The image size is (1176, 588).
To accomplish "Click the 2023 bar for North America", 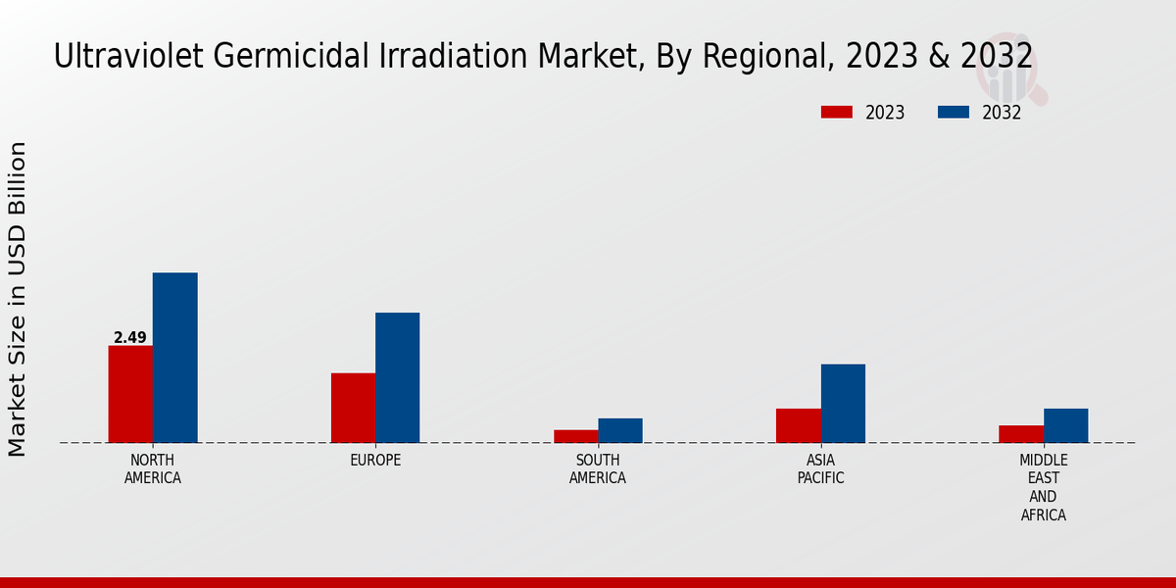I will coord(130,394).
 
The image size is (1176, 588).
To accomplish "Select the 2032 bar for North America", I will coord(174,358).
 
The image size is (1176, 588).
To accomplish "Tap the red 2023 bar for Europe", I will coord(353,408).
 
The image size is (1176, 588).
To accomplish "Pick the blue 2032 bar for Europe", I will coord(397,377).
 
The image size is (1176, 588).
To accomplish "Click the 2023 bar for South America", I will coord(575,436).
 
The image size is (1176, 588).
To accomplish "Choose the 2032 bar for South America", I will coord(620,430).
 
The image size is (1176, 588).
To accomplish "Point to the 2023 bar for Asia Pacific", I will coord(798,425).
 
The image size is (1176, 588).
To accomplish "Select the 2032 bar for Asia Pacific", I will coord(843,403).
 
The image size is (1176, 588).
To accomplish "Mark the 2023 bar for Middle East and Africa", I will coord(1021,433).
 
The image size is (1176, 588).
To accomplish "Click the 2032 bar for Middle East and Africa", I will coord(1065,425).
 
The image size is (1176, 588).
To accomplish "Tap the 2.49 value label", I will coord(130,338).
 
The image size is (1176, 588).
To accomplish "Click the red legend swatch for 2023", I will coord(837,112).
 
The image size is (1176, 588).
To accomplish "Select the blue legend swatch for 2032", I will coord(954,112).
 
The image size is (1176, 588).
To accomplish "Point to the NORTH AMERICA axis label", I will coord(153,469).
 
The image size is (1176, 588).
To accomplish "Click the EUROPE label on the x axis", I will coord(375,461).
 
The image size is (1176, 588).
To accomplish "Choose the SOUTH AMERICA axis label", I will coord(598,469).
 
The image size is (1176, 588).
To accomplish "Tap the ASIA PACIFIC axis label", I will coord(820,469).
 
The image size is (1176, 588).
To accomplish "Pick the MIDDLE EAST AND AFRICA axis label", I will coord(1044,487).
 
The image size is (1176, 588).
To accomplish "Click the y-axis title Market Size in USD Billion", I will coord(18,299).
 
